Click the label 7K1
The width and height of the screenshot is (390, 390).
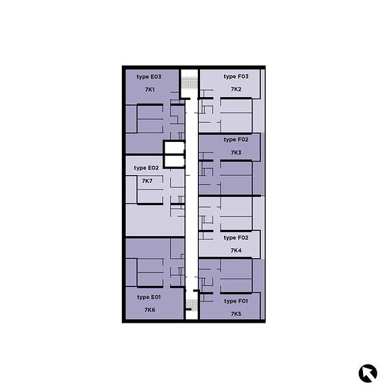[150, 89]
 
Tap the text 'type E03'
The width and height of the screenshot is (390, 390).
[149, 77]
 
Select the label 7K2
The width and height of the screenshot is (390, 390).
[236, 89]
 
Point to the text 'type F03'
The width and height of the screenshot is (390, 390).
[236, 77]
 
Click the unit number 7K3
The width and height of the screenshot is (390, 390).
[236, 152]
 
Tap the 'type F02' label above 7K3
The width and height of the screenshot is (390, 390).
[236, 140]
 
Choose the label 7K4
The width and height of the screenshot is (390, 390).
[236, 250]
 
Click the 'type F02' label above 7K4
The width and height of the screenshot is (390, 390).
[236, 238]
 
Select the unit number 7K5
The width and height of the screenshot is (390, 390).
[236, 314]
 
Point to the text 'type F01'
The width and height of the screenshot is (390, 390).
[236, 301]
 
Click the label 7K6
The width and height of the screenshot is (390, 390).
[150, 310]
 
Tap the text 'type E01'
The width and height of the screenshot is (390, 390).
[149, 297]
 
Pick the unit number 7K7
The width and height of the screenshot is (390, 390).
[147, 181]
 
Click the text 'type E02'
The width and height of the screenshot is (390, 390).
[146, 168]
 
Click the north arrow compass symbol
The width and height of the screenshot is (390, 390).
[368, 373]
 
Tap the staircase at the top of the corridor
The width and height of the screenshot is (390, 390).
[189, 83]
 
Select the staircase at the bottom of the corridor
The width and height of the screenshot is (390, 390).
[191, 305]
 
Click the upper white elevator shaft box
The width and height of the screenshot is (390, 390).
[174, 148]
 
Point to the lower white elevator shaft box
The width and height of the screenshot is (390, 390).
[174, 161]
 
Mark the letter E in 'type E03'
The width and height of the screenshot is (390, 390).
[152, 77]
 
